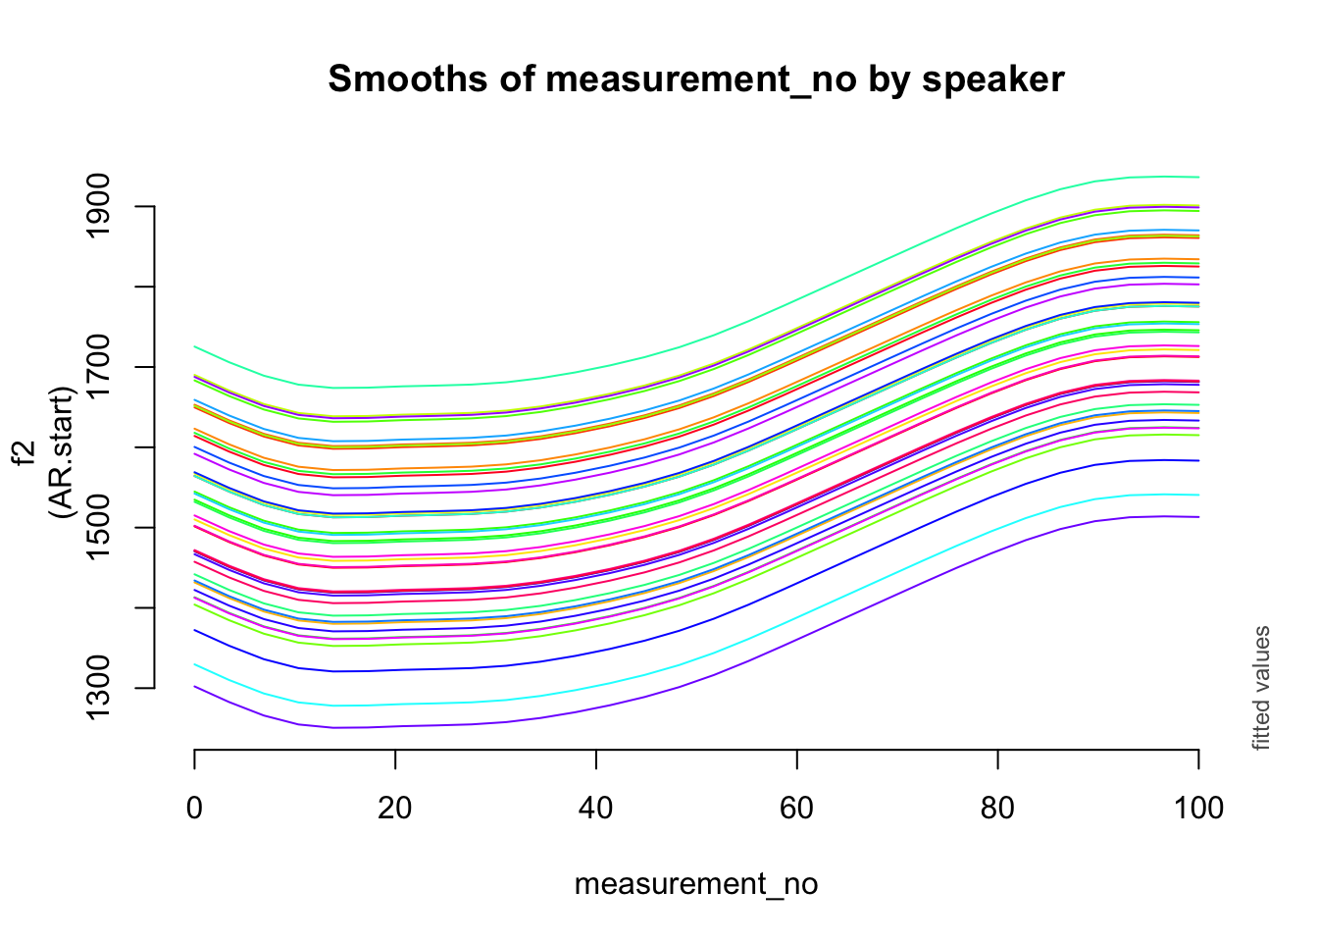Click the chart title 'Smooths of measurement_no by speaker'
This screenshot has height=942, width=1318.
click(x=696, y=78)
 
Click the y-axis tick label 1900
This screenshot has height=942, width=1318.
click(x=98, y=206)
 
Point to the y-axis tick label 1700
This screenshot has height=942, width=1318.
click(x=98, y=367)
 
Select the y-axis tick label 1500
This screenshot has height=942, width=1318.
click(x=98, y=528)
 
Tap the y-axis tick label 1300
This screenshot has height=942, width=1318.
click(x=98, y=688)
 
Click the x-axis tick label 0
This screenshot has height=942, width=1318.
click(x=194, y=809)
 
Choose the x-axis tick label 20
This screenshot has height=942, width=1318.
click(x=395, y=809)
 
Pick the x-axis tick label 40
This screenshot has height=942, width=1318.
click(x=595, y=809)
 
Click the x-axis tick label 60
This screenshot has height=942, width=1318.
click(x=796, y=809)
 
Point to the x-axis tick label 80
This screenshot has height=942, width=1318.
click(x=997, y=809)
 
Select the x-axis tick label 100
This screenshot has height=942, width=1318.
click(x=1198, y=809)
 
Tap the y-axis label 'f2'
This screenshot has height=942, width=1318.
click(x=25, y=452)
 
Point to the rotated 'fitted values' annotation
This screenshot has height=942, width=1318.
click(x=1261, y=688)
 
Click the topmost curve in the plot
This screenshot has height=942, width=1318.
click(x=696, y=343)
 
